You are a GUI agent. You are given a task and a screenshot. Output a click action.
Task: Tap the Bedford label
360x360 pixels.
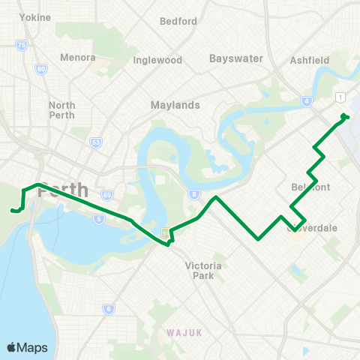[178, 21]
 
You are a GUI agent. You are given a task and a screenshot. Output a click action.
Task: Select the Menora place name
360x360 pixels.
[78, 58]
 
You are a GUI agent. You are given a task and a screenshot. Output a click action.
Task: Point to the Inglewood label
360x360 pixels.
[157, 60]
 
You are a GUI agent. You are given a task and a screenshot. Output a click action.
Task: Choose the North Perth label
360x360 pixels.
[61, 110]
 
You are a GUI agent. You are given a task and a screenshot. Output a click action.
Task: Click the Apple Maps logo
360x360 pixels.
[27, 347]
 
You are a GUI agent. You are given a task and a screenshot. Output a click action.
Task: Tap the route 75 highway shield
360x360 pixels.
[21, 46]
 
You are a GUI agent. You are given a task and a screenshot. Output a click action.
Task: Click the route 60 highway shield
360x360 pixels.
[40, 69]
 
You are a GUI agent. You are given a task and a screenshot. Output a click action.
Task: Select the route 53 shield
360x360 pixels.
[95, 142]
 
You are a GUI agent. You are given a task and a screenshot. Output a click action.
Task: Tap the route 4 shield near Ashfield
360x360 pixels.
[306, 100]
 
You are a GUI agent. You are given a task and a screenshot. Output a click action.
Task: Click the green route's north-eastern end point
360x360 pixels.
[343, 116]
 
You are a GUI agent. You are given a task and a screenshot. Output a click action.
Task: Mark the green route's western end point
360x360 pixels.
[13, 211]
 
